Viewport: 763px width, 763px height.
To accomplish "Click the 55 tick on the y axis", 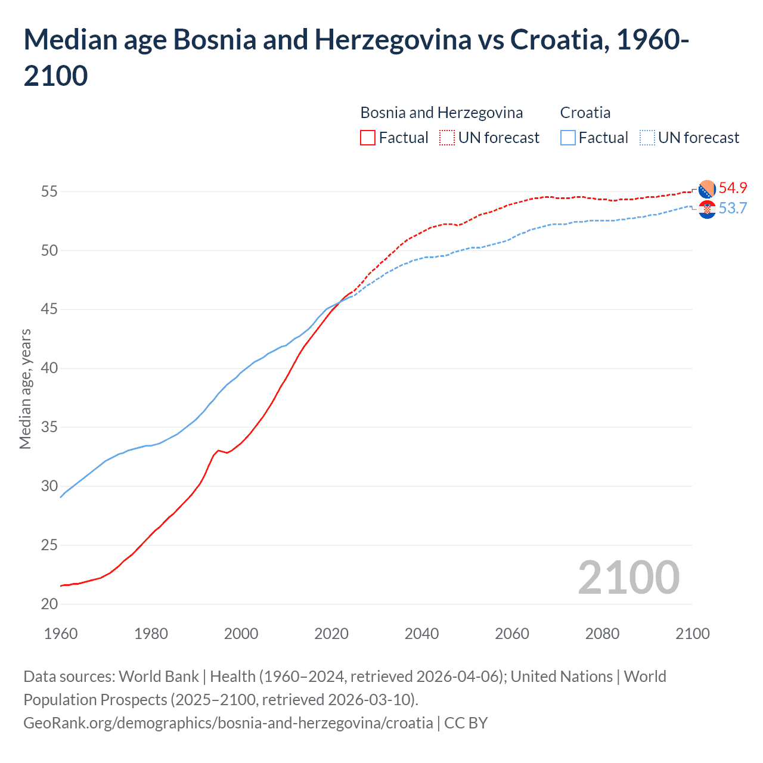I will pos(49,191).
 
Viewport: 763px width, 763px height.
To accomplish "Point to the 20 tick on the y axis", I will pos(49,604).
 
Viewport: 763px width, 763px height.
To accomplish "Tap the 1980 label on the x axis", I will pos(151,634).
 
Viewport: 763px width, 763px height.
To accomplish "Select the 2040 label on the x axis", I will pos(421,634).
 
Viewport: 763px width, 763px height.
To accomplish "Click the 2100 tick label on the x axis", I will pos(692,634).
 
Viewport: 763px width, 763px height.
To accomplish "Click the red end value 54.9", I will pos(733,188).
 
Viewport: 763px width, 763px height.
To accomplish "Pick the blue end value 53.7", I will pos(733,208).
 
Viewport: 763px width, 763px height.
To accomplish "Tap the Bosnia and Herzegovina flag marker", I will pos(707,189).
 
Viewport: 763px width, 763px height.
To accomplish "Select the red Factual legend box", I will pos(368,138).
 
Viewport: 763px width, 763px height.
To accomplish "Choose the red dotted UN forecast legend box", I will pos(447,138).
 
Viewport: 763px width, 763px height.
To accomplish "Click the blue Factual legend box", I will pos(568,138).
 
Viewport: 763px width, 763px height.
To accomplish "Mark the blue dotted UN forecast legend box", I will pos(647,138).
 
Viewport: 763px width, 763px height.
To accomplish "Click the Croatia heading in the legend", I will pos(585,113).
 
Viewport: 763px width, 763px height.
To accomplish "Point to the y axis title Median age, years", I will pos(25,389).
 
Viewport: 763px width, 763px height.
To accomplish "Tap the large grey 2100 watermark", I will pos(628,577).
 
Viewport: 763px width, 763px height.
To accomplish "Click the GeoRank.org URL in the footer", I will pos(228,723).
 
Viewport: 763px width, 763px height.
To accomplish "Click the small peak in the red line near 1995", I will pos(218,450).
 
